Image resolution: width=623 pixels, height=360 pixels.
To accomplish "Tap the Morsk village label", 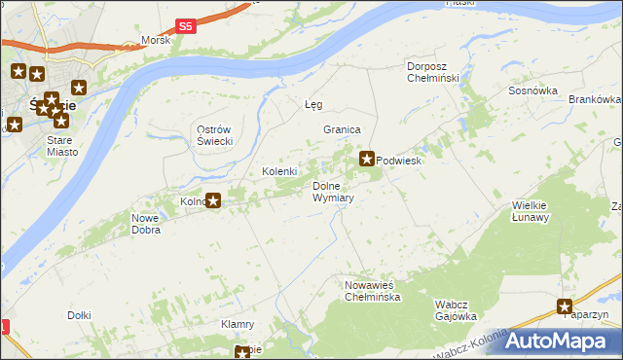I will pyautogui.click(x=156, y=40).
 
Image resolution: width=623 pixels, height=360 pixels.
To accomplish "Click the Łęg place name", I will pyautogui.click(x=313, y=104).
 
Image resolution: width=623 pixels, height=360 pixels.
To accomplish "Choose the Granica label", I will pyautogui.click(x=343, y=129).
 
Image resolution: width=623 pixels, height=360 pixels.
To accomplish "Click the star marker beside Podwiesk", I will pyautogui.click(x=368, y=158).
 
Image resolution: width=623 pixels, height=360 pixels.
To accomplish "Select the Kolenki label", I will pyautogui.click(x=279, y=171).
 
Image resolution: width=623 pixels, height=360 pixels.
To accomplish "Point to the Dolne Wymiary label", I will pyautogui.click(x=333, y=191).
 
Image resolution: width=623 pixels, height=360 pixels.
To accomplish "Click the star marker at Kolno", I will pyautogui.click(x=213, y=201).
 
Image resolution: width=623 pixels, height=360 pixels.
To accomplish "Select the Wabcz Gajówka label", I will pyautogui.click(x=455, y=309).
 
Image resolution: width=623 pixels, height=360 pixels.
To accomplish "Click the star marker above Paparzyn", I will pyautogui.click(x=565, y=306).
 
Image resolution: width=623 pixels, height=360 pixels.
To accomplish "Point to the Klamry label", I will pyautogui.click(x=238, y=324).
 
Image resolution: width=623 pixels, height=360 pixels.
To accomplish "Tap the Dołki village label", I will pyautogui.click(x=79, y=315).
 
